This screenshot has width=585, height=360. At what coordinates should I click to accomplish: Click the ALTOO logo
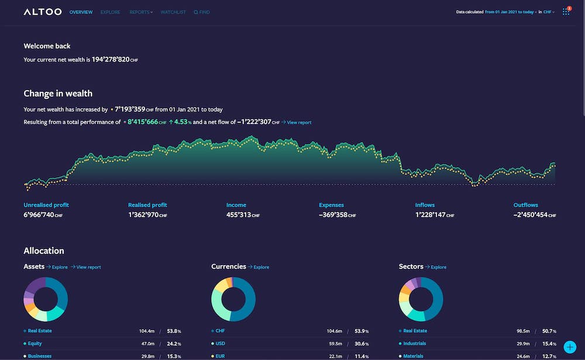pos(43,12)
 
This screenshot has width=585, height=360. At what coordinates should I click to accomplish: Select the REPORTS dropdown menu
pos(141,12)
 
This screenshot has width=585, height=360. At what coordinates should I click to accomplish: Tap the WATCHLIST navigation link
pos(173,12)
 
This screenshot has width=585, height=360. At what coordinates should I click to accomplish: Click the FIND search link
pos(202,12)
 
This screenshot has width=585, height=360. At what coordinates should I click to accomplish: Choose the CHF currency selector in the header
pos(549,12)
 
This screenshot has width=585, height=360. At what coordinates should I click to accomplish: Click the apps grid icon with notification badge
pos(566,12)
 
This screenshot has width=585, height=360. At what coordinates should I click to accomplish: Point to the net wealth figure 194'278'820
pos(111,60)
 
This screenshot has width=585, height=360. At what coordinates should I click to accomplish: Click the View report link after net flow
pos(297,122)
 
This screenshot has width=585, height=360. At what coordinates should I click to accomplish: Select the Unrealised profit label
pos(46,205)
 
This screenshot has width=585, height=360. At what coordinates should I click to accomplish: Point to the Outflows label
pos(525,205)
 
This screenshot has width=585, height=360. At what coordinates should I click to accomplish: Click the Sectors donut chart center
pos(421,299)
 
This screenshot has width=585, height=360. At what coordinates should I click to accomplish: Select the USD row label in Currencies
pos(221,344)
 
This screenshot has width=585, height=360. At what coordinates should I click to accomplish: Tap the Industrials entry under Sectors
pos(414,344)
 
